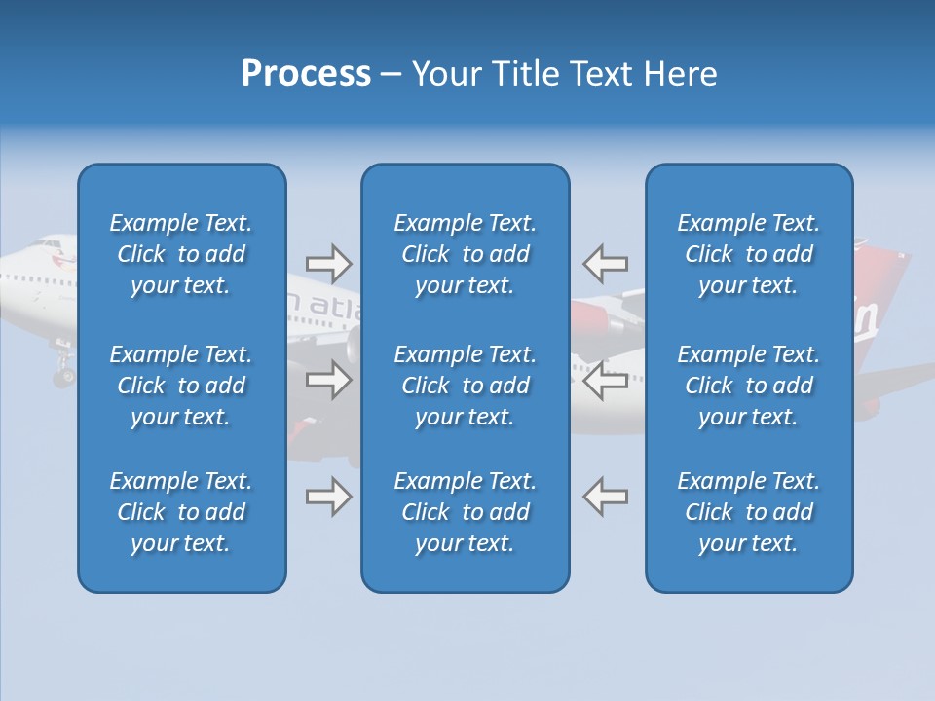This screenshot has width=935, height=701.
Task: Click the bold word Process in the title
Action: [x=306, y=74]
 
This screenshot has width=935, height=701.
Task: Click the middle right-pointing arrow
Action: [x=328, y=380]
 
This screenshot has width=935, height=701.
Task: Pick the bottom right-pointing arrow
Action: [x=328, y=497]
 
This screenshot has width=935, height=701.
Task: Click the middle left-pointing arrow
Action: [x=606, y=380]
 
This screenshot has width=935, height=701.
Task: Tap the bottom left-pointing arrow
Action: [x=606, y=497]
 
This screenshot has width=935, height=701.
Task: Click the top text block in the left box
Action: [x=181, y=254]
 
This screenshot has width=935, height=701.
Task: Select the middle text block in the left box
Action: [x=181, y=386]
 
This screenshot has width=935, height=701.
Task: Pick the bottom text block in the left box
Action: [x=181, y=512]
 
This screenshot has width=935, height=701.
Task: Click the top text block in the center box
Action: [x=466, y=254]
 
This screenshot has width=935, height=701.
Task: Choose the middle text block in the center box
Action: [x=466, y=386]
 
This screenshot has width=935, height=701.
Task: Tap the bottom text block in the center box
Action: [x=466, y=512]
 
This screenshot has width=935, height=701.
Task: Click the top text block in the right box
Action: [x=749, y=254]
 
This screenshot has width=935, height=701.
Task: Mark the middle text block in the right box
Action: [x=749, y=386]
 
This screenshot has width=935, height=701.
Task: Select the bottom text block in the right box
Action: [x=749, y=512]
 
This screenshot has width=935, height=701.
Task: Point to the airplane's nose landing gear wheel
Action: [x=63, y=375]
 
